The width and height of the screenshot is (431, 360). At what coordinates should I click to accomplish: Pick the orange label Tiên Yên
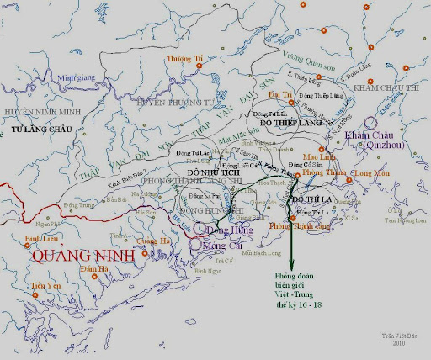(46, 286)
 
